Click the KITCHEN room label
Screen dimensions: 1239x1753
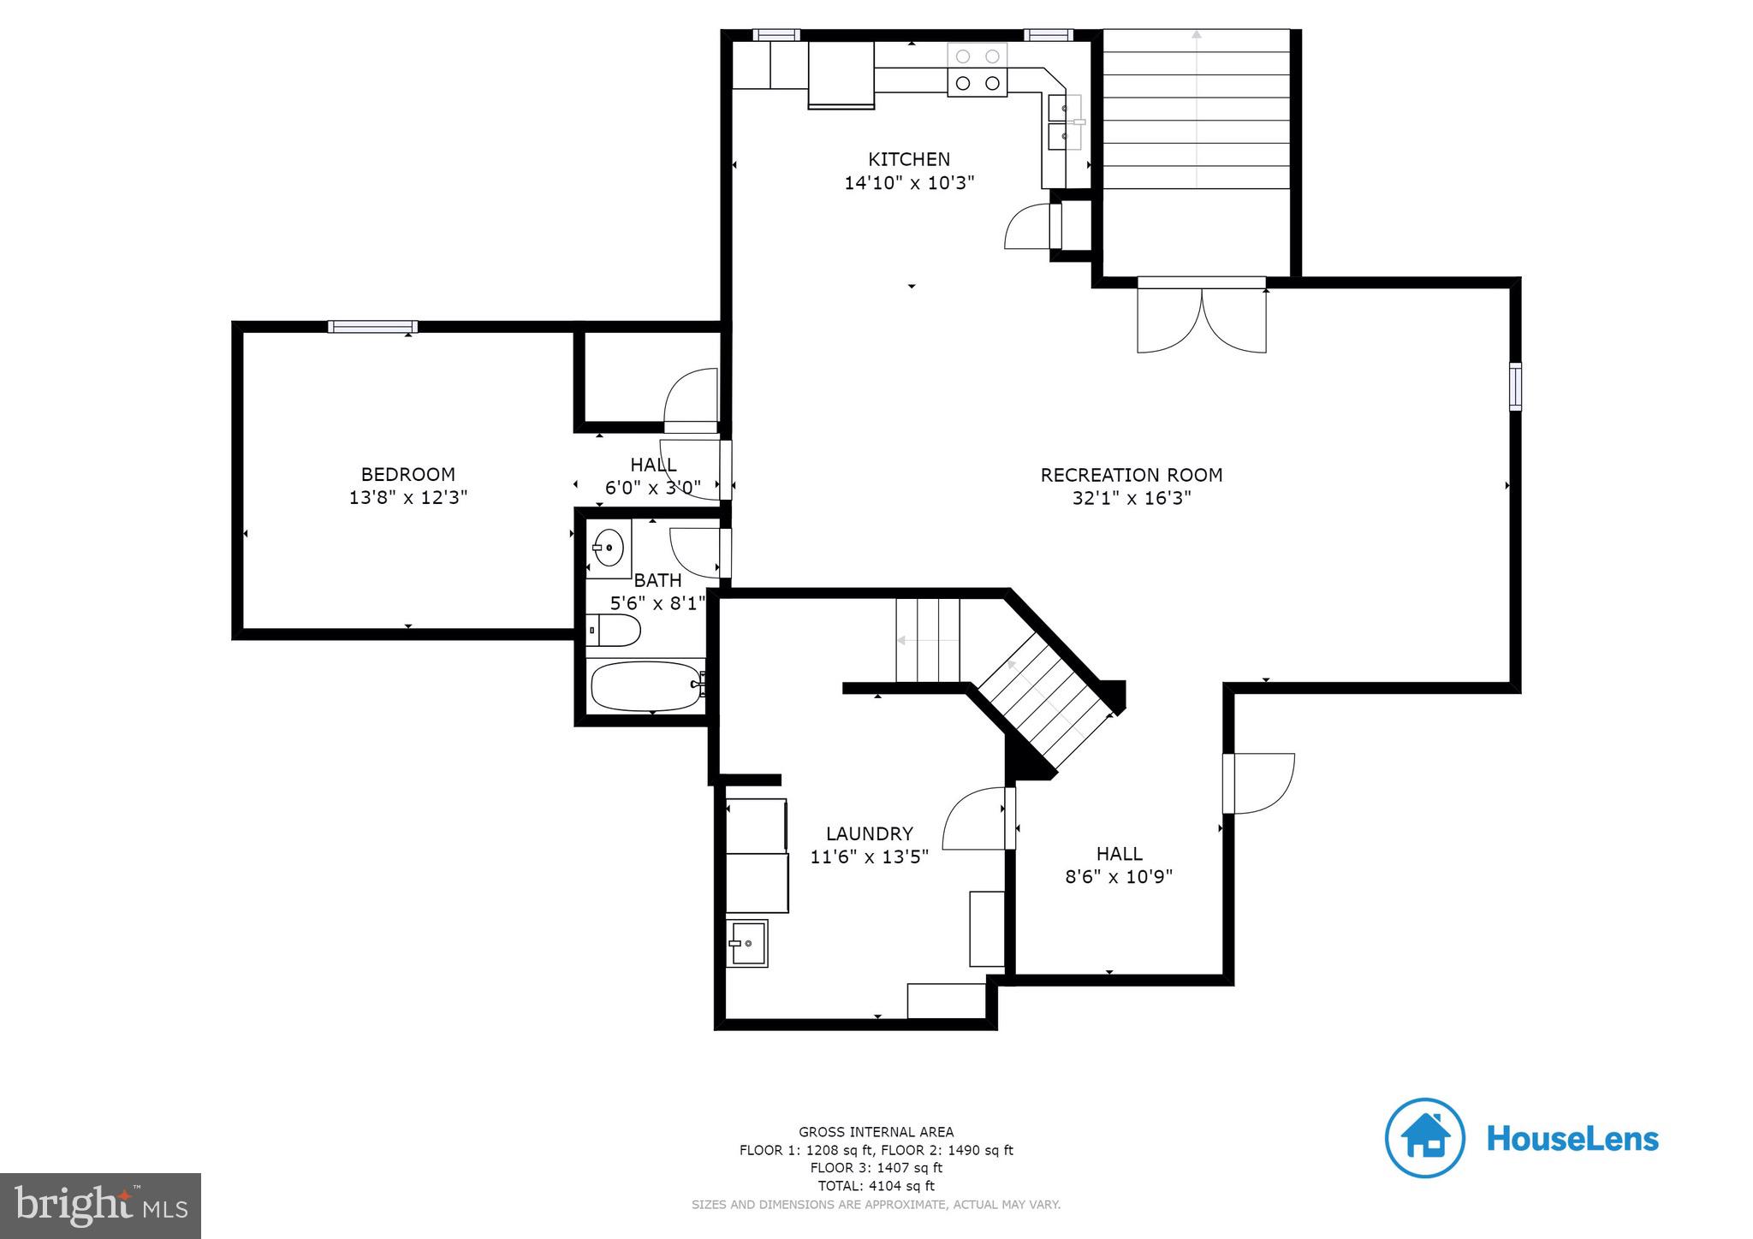(909, 159)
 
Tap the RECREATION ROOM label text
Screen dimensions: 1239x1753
(1131, 475)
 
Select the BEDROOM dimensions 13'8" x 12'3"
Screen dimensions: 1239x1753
(408, 497)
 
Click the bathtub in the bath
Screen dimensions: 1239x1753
(646, 686)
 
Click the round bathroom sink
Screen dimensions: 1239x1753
(609, 546)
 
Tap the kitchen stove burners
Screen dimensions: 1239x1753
(978, 70)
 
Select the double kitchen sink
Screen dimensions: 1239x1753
(1064, 122)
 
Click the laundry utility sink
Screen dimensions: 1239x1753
(747, 943)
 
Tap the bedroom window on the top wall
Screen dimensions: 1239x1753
(372, 326)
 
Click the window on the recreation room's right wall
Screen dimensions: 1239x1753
(1514, 386)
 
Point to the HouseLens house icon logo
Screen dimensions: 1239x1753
(1424, 1137)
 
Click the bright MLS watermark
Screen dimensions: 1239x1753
(101, 1206)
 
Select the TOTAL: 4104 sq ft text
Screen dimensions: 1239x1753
(876, 1186)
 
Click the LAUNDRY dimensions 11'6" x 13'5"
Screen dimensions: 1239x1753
(869, 857)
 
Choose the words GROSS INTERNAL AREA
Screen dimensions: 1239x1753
(876, 1132)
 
